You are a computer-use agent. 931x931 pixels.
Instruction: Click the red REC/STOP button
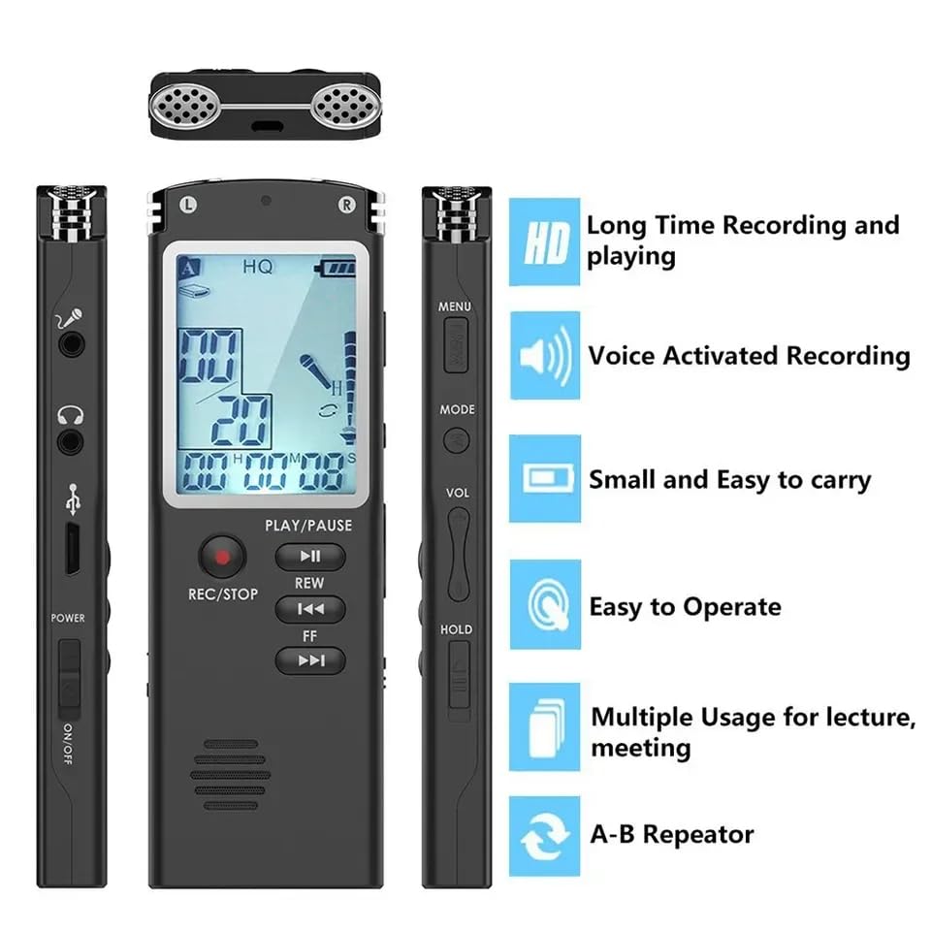click(x=222, y=557)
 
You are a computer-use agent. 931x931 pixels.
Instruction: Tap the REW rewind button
click(x=309, y=609)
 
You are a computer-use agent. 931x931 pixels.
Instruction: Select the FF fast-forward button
click(x=309, y=661)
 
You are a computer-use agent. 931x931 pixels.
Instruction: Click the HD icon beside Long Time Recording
click(x=545, y=242)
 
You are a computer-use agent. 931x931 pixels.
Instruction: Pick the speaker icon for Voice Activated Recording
click(x=545, y=357)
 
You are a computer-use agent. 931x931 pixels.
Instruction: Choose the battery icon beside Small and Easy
click(x=545, y=479)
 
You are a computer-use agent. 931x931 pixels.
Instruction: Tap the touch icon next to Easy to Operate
click(x=545, y=605)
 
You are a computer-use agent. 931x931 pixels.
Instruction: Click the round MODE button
click(x=456, y=439)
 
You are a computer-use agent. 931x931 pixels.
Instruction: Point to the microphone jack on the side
click(x=70, y=343)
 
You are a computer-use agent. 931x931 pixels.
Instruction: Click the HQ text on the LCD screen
click(x=258, y=264)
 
